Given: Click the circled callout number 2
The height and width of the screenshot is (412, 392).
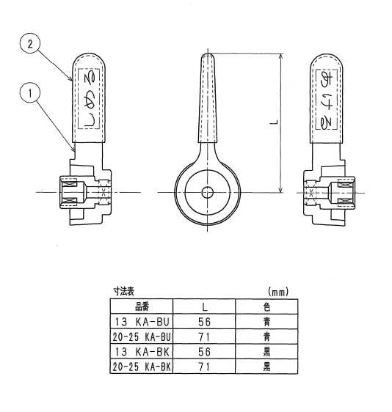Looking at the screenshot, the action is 30,43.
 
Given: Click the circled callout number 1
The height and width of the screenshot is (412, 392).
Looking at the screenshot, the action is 30,93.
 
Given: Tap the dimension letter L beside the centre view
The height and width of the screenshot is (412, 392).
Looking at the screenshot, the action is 274,122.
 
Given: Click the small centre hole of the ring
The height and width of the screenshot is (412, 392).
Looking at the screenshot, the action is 207,193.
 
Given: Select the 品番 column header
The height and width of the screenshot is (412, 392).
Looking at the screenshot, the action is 142,306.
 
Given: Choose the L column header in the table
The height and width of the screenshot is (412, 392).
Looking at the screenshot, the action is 204,306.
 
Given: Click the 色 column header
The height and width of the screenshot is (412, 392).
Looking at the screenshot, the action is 266,306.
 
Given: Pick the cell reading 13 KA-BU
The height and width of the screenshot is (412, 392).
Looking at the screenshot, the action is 142,322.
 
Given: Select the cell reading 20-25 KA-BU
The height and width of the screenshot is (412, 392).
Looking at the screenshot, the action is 142,336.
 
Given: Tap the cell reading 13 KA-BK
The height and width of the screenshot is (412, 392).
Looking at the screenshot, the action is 142,352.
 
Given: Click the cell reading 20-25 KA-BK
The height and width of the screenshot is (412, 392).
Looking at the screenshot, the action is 142,367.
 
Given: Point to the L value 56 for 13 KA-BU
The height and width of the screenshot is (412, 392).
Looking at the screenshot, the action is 204,322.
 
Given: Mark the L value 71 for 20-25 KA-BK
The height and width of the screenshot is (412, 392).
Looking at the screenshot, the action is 204,367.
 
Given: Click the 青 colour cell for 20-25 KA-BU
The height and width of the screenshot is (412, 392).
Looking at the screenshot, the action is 266,336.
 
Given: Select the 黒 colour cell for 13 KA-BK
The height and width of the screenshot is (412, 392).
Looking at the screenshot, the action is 266,352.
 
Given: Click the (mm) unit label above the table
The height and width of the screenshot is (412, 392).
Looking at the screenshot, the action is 278,291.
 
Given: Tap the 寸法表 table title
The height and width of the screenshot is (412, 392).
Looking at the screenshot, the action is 123,291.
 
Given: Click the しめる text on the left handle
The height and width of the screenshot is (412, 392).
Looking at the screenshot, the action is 89,99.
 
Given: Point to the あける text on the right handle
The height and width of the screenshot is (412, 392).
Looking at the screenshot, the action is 327,99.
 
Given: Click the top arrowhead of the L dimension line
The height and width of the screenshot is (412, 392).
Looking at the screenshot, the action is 281,56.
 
